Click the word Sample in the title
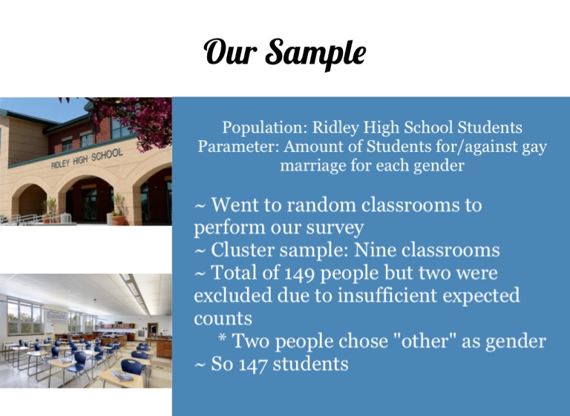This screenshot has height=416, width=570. click(x=315, y=53)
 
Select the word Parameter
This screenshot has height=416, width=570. click(x=238, y=146)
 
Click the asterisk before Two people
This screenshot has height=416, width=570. click(x=223, y=339)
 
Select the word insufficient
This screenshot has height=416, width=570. click(x=387, y=295)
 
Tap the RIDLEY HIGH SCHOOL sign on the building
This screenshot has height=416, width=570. click(x=87, y=159)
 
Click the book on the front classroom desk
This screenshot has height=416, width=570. click(x=122, y=376)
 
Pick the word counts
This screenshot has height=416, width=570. click(x=223, y=319)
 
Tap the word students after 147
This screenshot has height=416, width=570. click(x=310, y=363)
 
